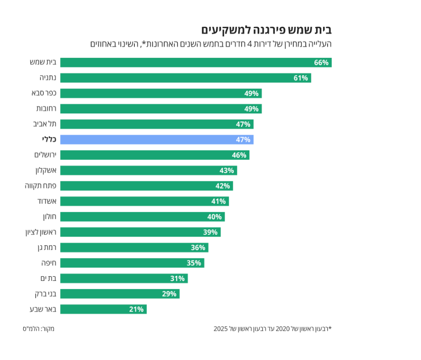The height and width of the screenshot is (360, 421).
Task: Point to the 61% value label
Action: coord(301,78)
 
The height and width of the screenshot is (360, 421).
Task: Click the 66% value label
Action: coord(321,63)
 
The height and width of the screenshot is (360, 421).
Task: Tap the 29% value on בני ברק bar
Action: coord(169,294)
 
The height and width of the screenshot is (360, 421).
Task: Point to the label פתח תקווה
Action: coord(40,186)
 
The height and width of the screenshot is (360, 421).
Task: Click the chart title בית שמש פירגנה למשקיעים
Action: coord(267,30)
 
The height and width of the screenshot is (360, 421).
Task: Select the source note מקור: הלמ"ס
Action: coord(38,328)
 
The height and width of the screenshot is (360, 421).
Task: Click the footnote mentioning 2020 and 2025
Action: coord(272,328)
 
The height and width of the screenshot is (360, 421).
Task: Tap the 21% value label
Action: coord(136,309)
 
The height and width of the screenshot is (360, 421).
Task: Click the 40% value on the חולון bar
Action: coord(214,217)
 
